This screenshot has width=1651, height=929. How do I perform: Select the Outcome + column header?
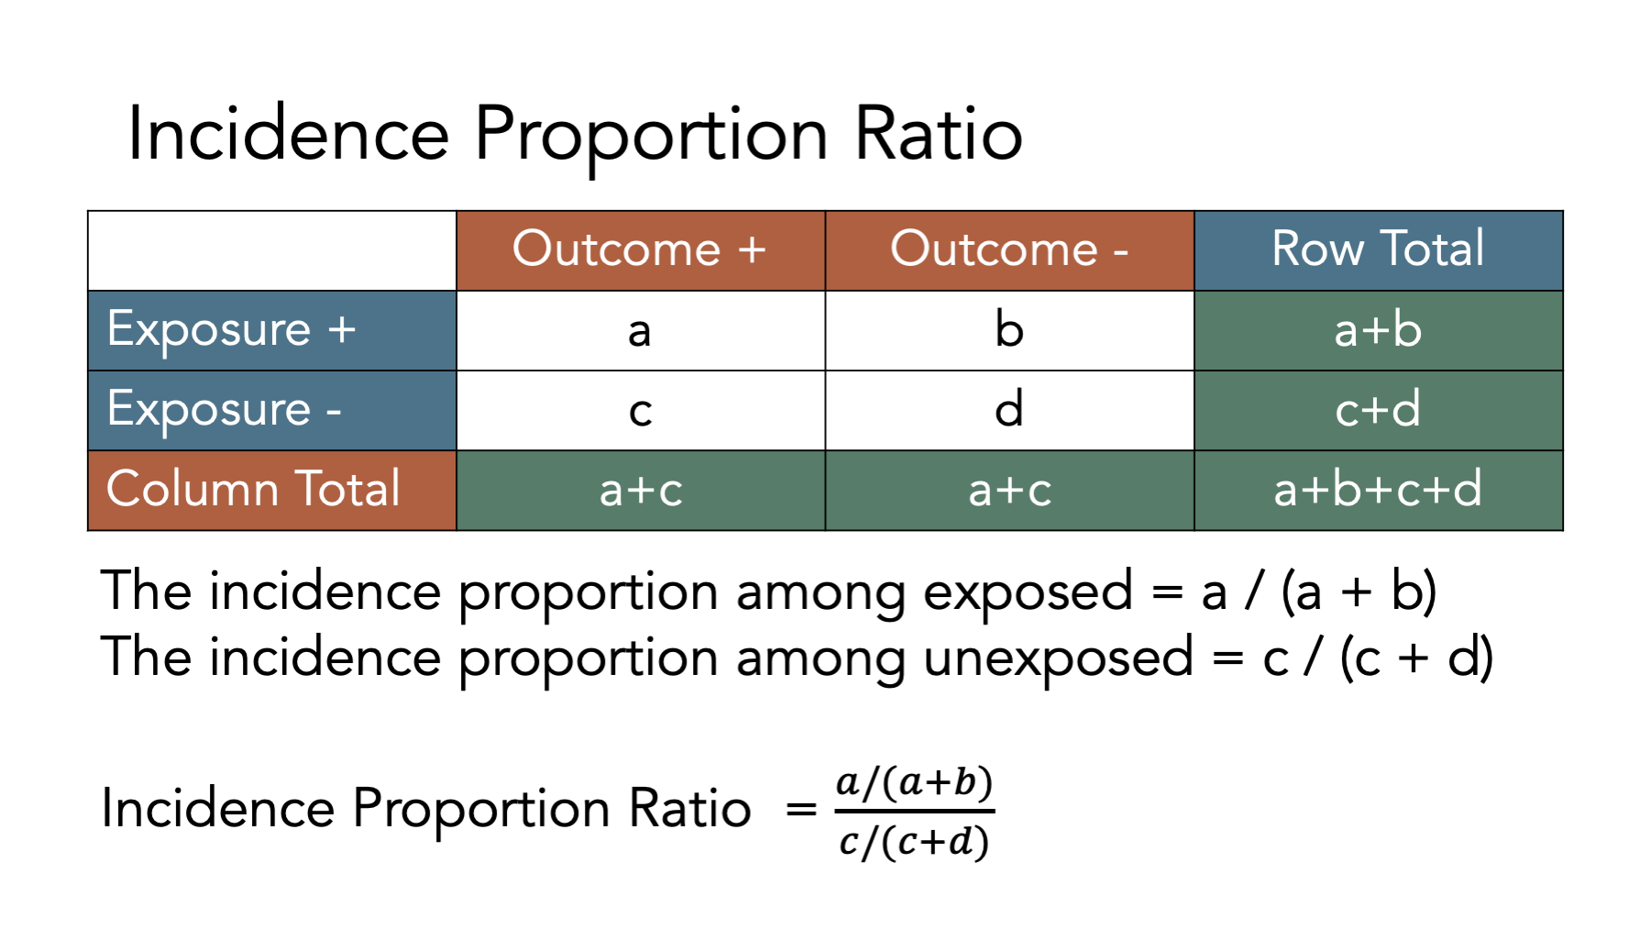[641, 250]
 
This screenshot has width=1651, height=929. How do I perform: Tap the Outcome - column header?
[1009, 250]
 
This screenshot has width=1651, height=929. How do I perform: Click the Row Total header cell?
[1378, 250]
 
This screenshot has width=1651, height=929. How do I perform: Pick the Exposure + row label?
[272, 330]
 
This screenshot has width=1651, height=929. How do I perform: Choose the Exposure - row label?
[272, 410]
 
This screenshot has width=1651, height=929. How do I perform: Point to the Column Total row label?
[272, 490]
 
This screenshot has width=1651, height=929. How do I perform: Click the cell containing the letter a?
[641, 330]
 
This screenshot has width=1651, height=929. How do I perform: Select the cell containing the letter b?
[1009, 330]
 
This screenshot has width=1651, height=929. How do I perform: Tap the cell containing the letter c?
[641, 410]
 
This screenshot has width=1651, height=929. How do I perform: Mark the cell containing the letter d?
[1009, 410]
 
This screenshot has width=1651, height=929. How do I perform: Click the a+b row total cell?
[1378, 330]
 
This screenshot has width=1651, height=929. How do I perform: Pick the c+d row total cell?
[1378, 410]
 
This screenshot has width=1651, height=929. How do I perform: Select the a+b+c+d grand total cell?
[1378, 490]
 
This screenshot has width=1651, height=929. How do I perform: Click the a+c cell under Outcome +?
[641, 490]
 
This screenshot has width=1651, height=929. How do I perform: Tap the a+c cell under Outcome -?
[1009, 490]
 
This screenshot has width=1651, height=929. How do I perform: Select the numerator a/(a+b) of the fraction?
[914, 782]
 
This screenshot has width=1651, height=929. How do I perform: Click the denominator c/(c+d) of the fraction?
[914, 841]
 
